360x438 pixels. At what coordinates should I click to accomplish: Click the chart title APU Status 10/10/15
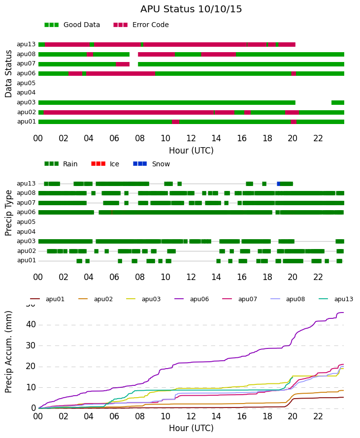(191, 9)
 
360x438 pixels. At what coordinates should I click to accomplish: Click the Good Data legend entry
(72, 25)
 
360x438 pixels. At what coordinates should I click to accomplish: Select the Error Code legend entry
(141, 25)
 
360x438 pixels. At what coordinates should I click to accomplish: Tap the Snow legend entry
(152, 164)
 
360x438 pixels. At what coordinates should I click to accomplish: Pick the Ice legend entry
(105, 164)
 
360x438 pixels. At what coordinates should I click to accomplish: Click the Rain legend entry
(61, 164)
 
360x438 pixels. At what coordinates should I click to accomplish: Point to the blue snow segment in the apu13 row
(278, 184)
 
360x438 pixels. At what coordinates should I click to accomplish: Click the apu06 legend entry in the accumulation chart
(192, 299)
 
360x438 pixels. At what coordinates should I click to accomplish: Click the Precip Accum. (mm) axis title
(8, 352)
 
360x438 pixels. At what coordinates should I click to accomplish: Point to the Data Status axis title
(8, 74)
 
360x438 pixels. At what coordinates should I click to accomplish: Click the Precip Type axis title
(8, 213)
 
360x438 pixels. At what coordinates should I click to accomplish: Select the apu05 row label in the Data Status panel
(26, 83)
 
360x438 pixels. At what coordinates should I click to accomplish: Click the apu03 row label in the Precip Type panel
(26, 241)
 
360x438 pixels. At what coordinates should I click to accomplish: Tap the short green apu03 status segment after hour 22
(338, 102)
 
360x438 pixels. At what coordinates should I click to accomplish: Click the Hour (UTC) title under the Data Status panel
(191, 151)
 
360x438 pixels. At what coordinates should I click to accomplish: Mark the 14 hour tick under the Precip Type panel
(216, 277)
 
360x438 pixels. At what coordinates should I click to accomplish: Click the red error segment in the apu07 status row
(123, 64)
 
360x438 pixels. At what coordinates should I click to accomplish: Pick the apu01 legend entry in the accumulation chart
(47, 299)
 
